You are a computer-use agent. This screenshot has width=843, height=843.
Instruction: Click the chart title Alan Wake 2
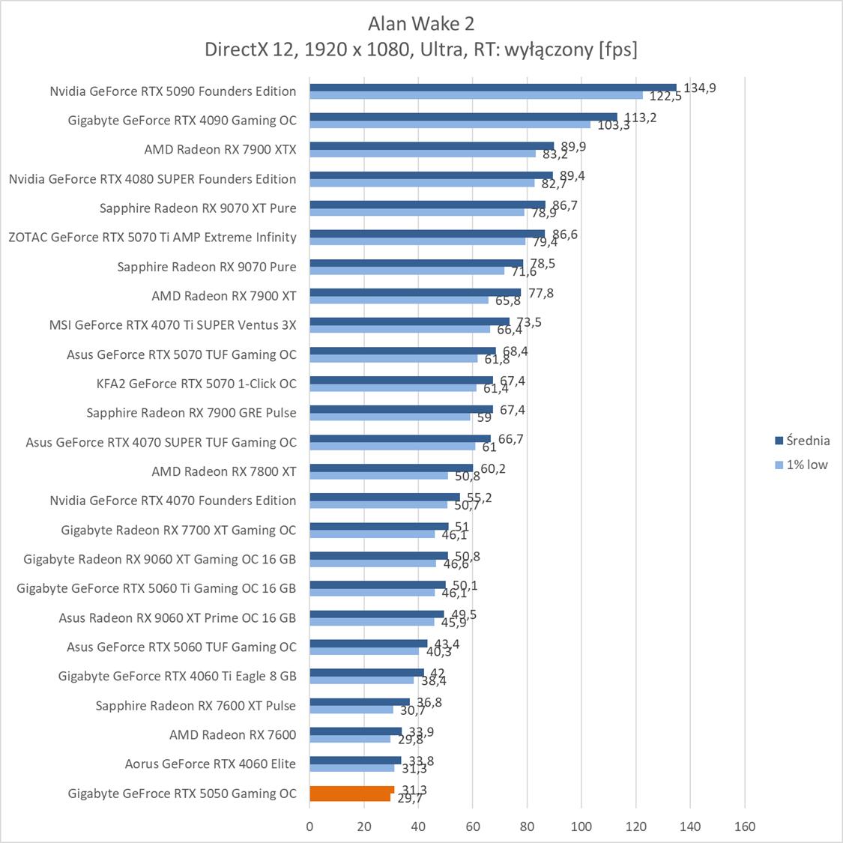pyautogui.click(x=421, y=24)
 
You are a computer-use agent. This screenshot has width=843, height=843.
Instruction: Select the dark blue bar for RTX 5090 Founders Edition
pyautogui.click(x=492, y=88)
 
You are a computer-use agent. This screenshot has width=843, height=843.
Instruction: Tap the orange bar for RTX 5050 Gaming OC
pyautogui.click(x=351, y=794)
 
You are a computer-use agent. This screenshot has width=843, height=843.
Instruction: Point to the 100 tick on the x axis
pyautogui.click(x=581, y=827)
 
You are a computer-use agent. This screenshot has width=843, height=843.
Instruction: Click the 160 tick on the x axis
pyautogui.click(x=745, y=827)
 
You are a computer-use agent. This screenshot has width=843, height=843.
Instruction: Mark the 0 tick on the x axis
pyautogui.click(x=310, y=827)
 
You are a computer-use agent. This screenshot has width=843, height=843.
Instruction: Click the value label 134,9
pyautogui.click(x=700, y=88)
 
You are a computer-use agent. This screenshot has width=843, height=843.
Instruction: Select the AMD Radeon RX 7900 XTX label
pyautogui.click(x=220, y=150)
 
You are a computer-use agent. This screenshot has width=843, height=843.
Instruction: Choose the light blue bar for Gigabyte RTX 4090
pyautogui.click(x=450, y=124)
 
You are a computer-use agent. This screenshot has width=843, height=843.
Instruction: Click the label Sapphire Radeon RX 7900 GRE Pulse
pyautogui.click(x=191, y=413)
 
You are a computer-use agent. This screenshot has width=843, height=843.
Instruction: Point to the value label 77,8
pyautogui.click(x=541, y=293)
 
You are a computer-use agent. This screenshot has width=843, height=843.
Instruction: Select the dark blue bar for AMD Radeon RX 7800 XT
pyautogui.click(x=391, y=468)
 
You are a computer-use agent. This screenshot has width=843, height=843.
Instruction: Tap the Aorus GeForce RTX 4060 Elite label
pyautogui.click(x=211, y=764)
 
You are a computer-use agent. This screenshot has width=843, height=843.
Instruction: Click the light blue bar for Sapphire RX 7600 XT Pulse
pyautogui.click(x=351, y=710)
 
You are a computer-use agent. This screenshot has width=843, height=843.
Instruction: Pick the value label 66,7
pyautogui.click(x=510, y=439)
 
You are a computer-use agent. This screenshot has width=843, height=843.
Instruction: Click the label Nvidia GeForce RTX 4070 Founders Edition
pyautogui.click(x=173, y=501)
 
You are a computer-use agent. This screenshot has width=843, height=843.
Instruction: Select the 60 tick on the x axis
pyautogui.click(x=473, y=827)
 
